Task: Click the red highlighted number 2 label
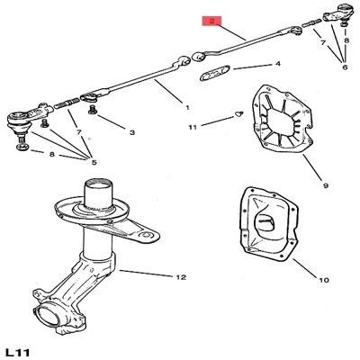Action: (x=211, y=21)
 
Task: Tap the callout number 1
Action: (x=187, y=107)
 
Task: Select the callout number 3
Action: (x=132, y=132)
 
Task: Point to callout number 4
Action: (x=278, y=64)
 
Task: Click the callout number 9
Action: (x=326, y=185)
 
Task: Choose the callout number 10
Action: (x=324, y=280)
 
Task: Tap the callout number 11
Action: (x=193, y=127)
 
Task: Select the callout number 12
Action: (x=181, y=277)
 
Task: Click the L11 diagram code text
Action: (x=18, y=353)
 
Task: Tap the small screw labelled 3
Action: (x=93, y=111)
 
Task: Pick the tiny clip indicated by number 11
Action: (x=239, y=113)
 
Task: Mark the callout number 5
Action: (x=94, y=163)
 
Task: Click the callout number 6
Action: (x=345, y=67)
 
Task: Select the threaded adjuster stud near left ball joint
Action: (x=67, y=105)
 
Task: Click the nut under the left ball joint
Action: (x=22, y=147)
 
